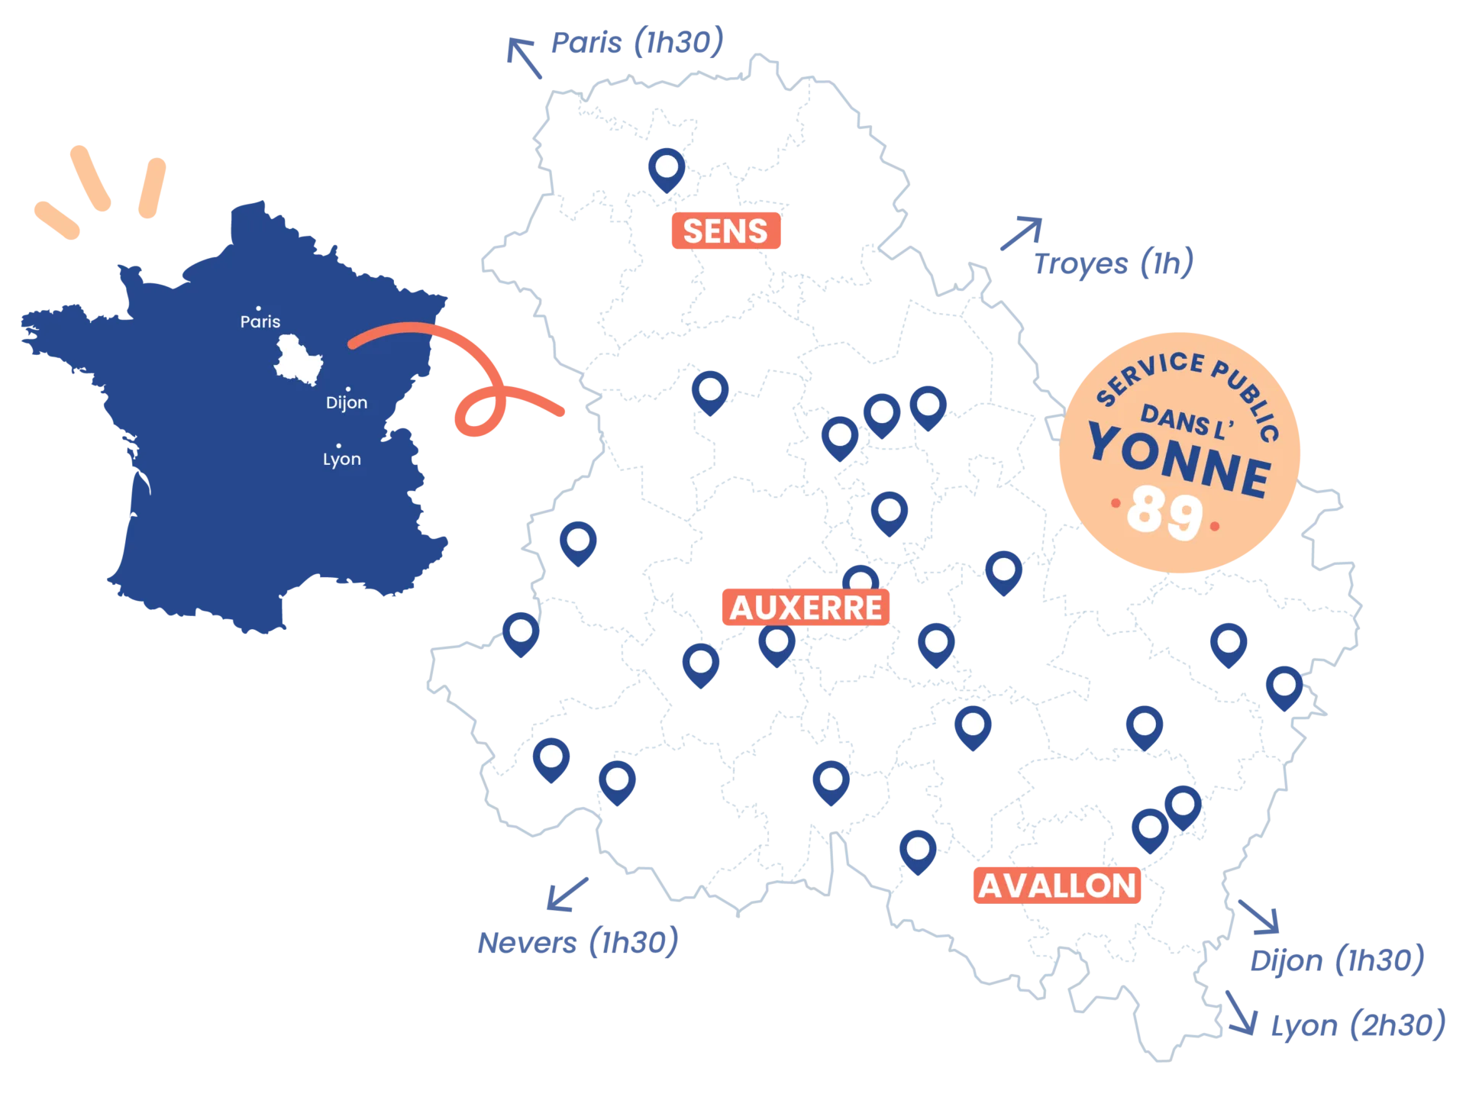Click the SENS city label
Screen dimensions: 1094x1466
tap(725, 231)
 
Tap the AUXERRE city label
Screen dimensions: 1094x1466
tap(806, 608)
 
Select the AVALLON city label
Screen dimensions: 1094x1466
tap(1057, 886)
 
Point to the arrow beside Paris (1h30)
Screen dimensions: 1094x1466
tap(524, 58)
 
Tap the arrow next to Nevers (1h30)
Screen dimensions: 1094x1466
tap(567, 894)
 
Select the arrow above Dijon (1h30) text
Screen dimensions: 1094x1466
tap(1261, 916)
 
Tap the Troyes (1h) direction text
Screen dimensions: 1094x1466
tap(1113, 263)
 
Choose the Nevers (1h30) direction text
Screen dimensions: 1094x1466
tap(577, 943)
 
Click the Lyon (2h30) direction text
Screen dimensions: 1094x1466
tap(1358, 1025)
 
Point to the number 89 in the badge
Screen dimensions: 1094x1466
tap(1164, 514)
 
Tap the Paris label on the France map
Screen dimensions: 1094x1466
tap(260, 321)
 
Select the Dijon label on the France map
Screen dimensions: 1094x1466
tap(347, 402)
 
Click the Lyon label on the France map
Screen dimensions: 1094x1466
tap(341, 459)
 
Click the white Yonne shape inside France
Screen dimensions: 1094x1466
tap(297, 358)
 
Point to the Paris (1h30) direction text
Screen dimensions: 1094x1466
tap(636, 43)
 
